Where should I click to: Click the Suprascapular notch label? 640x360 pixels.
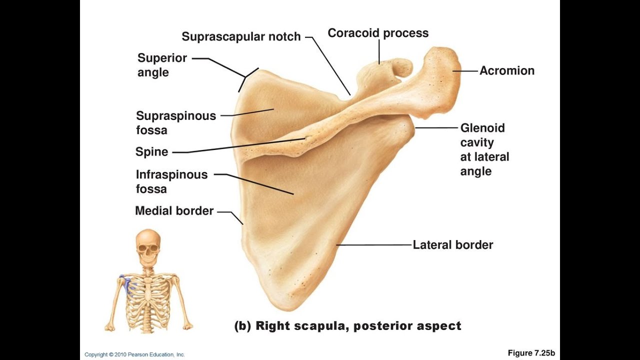pos(241,36)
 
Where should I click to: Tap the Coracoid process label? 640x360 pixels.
pos(378,33)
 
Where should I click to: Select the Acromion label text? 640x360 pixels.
pos(507,70)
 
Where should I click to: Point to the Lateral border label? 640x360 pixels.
pos(452,244)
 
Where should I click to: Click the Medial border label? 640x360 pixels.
pos(174,211)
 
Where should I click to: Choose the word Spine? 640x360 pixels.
pos(151,152)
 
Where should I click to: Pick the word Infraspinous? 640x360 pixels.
pos(171,174)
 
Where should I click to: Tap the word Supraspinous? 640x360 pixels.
pos(176,116)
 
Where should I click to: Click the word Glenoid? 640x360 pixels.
pos(482,128)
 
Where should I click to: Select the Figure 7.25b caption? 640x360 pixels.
pos(531,353)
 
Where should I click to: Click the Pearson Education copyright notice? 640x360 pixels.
pos(134,354)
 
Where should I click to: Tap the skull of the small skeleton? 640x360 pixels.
pos(148,245)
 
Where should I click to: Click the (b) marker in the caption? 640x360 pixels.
pos(242,326)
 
